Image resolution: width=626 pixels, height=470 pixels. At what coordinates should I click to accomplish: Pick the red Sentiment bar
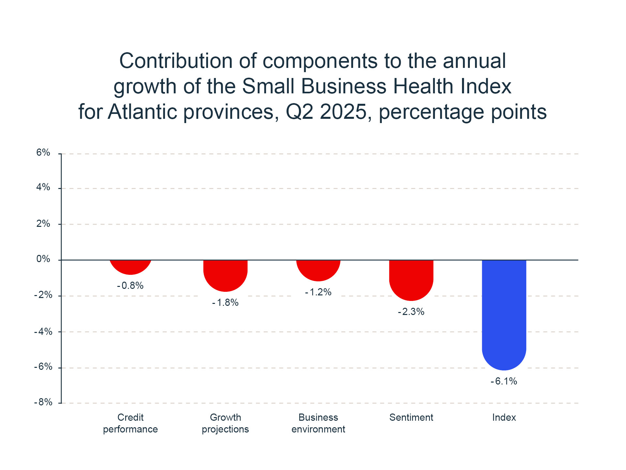[x=411, y=279]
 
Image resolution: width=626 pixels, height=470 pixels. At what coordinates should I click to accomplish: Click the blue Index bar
[x=504, y=313]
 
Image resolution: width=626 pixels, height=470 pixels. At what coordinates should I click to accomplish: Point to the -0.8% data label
[x=130, y=286]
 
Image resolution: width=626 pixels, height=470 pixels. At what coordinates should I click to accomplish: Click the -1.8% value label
[x=225, y=303]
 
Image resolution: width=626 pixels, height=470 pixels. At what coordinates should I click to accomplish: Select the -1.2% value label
[x=318, y=292]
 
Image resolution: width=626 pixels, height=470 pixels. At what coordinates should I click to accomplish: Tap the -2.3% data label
[x=411, y=312]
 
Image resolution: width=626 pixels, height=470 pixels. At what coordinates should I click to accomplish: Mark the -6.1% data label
[x=504, y=381]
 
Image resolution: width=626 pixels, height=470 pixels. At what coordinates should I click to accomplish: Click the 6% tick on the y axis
[x=43, y=152]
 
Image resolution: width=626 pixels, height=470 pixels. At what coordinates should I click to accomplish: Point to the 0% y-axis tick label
[x=43, y=259]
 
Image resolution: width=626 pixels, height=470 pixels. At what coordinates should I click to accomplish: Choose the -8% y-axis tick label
[x=43, y=402]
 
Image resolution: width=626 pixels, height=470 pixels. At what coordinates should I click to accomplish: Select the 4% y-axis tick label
[x=43, y=187]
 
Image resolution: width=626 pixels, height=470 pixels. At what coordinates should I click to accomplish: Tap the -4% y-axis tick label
[x=43, y=332]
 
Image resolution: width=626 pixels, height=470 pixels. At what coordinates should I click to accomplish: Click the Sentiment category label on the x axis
[x=411, y=417]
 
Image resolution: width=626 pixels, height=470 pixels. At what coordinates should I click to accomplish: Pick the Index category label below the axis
[x=504, y=417]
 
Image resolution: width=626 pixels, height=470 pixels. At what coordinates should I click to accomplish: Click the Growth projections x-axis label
[x=225, y=423]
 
